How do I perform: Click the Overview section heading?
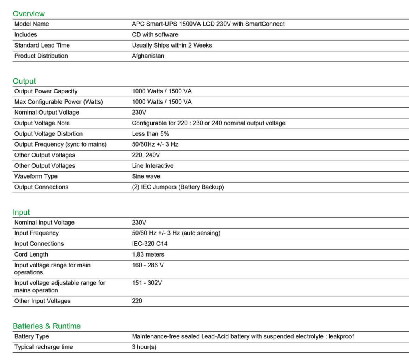[28, 14]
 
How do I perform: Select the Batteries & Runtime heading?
[46, 326]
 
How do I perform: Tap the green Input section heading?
[21, 212]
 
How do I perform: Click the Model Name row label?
[32, 24]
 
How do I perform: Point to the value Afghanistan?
[148, 56]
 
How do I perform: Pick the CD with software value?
[155, 35]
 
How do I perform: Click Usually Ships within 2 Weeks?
[172, 45]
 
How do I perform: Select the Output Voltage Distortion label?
[48, 134]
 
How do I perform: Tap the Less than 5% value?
[150, 134]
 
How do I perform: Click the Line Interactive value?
[153, 166]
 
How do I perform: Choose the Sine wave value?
[146, 176]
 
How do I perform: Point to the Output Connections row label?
[41, 187]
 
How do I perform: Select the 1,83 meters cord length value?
[148, 255]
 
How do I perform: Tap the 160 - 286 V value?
[148, 265]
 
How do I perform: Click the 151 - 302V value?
[147, 283]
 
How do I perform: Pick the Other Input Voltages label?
[42, 301]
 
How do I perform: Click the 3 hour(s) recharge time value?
[144, 347]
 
